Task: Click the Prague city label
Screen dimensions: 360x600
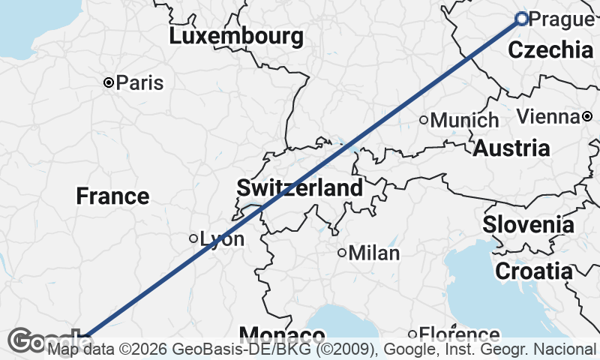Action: pyautogui.click(x=561, y=19)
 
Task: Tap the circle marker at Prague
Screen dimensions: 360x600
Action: pyautogui.click(x=522, y=19)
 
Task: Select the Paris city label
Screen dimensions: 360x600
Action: pyautogui.click(x=139, y=82)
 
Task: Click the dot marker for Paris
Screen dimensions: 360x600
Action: pyautogui.click(x=109, y=82)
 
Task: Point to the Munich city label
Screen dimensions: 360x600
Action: pyautogui.click(x=465, y=120)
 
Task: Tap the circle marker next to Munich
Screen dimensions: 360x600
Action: pyautogui.click(x=424, y=119)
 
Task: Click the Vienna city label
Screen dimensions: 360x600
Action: pyautogui.click(x=548, y=116)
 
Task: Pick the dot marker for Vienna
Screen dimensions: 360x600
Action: pyautogui.click(x=587, y=116)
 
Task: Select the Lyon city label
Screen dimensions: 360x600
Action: pyautogui.click(x=222, y=239)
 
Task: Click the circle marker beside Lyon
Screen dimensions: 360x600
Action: pyautogui.click(x=193, y=238)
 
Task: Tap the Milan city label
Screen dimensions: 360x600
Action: pyautogui.click(x=373, y=253)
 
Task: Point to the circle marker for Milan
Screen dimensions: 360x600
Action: pyautogui.click(x=341, y=253)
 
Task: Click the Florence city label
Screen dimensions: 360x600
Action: pyautogui.click(x=459, y=334)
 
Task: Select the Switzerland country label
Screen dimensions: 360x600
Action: pyautogui.click(x=300, y=187)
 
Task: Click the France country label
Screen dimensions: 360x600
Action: pyautogui.click(x=112, y=196)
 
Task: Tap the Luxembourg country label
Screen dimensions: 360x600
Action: pyautogui.click(x=236, y=36)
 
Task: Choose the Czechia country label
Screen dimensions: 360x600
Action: pyautogui.click(x=550, y=50)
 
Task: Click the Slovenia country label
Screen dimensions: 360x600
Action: pyautogui.click(x=529, y=223)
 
